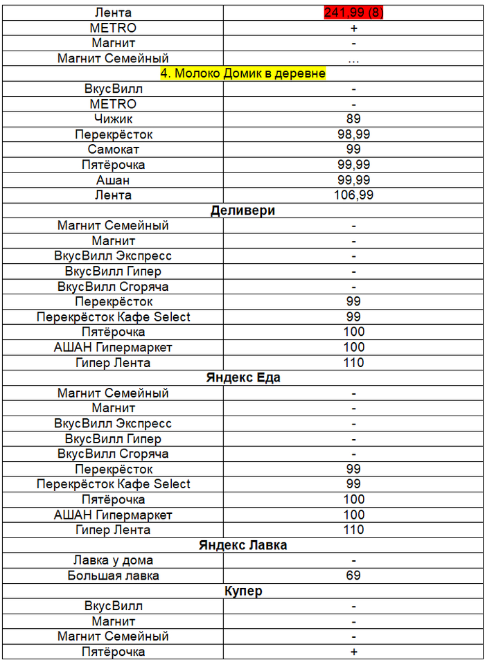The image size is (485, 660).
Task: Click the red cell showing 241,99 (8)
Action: pos(353,13)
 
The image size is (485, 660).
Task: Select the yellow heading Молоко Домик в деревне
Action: pos(243,73)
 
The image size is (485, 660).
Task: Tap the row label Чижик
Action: pos(113,119)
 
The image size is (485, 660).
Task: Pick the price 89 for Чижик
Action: pos(353,119)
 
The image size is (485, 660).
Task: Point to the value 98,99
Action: pos(353,134)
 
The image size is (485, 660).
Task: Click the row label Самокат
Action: pos(113,150)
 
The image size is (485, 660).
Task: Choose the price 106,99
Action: pos(353,195)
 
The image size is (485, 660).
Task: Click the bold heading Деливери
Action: pos(242,211)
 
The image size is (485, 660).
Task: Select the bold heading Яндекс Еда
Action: pos(242,377)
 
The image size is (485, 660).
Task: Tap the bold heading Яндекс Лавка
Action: pos(242,545)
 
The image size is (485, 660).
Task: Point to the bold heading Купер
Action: pos(242,591)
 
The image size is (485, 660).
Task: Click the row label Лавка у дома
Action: pos(113,560)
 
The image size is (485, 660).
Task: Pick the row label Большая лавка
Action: pos(113,576)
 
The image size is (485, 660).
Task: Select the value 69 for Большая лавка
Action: pos(353,576)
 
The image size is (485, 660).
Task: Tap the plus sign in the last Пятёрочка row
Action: pos(353,652)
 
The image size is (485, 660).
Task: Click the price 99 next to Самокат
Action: pos(353,150)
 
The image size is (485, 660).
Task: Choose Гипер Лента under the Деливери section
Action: pos(113,363)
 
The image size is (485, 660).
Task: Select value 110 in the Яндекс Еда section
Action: pos(353,530)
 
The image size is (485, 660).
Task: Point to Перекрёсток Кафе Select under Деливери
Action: pos(113,317)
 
